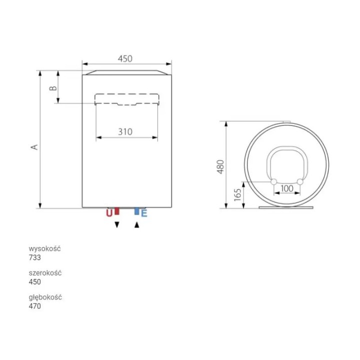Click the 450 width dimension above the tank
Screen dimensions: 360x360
coord(125,59)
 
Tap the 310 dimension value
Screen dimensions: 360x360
coord(125,132)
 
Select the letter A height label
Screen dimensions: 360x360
coord(34,147)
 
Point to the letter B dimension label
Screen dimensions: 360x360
coord(53,88)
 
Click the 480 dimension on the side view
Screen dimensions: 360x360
coord(220,167)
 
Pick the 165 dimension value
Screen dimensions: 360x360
coord(238,195)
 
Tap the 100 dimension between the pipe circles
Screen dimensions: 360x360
coord(287,188)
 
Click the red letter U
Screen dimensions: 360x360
coord(109,213)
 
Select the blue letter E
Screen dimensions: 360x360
coord(144,213)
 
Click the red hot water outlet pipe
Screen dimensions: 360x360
coord(117,211)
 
